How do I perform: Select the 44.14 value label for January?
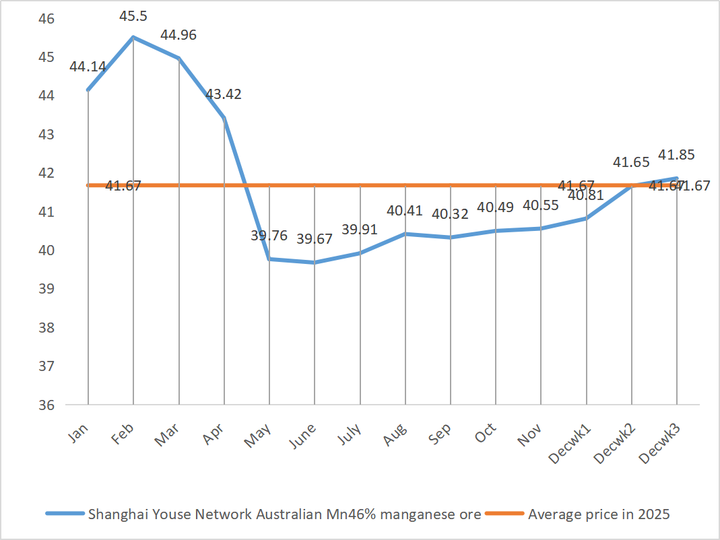[x=88, y=67]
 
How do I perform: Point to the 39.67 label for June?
[x=314, y=239]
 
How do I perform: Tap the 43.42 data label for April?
[x=223, y=94]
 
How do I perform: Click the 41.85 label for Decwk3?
[x=677, y=155]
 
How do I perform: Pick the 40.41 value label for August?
[x=405, y=211]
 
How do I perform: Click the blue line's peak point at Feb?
[x=133, y=37]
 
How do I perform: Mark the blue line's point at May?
[x=269, y=259]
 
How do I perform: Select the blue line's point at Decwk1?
[x=586, y=218]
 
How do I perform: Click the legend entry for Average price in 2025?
[x=599, y=514]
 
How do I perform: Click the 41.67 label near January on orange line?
[x=123, y=186]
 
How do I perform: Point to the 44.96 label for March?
[x=178, y=35]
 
